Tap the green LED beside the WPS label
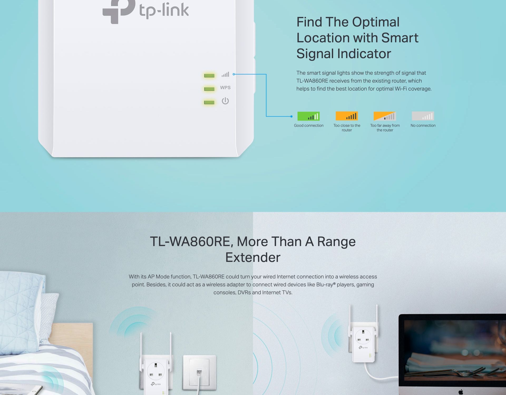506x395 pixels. point(209,89)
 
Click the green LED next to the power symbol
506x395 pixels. point(209,102)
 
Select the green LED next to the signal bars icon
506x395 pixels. point(209,76)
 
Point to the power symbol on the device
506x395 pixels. point(225,101)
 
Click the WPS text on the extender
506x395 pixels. point(225,88)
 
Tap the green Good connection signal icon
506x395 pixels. point(309,116)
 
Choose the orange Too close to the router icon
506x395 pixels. point(347,116)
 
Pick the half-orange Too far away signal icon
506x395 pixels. point(385,116)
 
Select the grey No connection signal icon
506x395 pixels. point(423,116)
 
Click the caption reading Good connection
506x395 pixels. point(309,126)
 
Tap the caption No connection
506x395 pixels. point(423,126)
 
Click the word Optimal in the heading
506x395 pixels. point(376,22)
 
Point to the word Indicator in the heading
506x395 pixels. point(364,54)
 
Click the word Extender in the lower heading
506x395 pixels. point(253,257)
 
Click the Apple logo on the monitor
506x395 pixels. point(461,392)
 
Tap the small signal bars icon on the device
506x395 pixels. point(225,74)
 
